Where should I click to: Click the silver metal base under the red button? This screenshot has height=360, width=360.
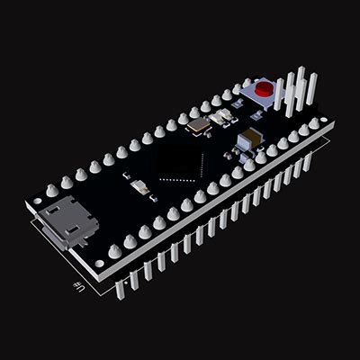coord(264,98)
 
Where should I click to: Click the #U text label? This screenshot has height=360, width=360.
coord(80,287)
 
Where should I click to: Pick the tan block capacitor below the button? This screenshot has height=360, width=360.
coord(249,139)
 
